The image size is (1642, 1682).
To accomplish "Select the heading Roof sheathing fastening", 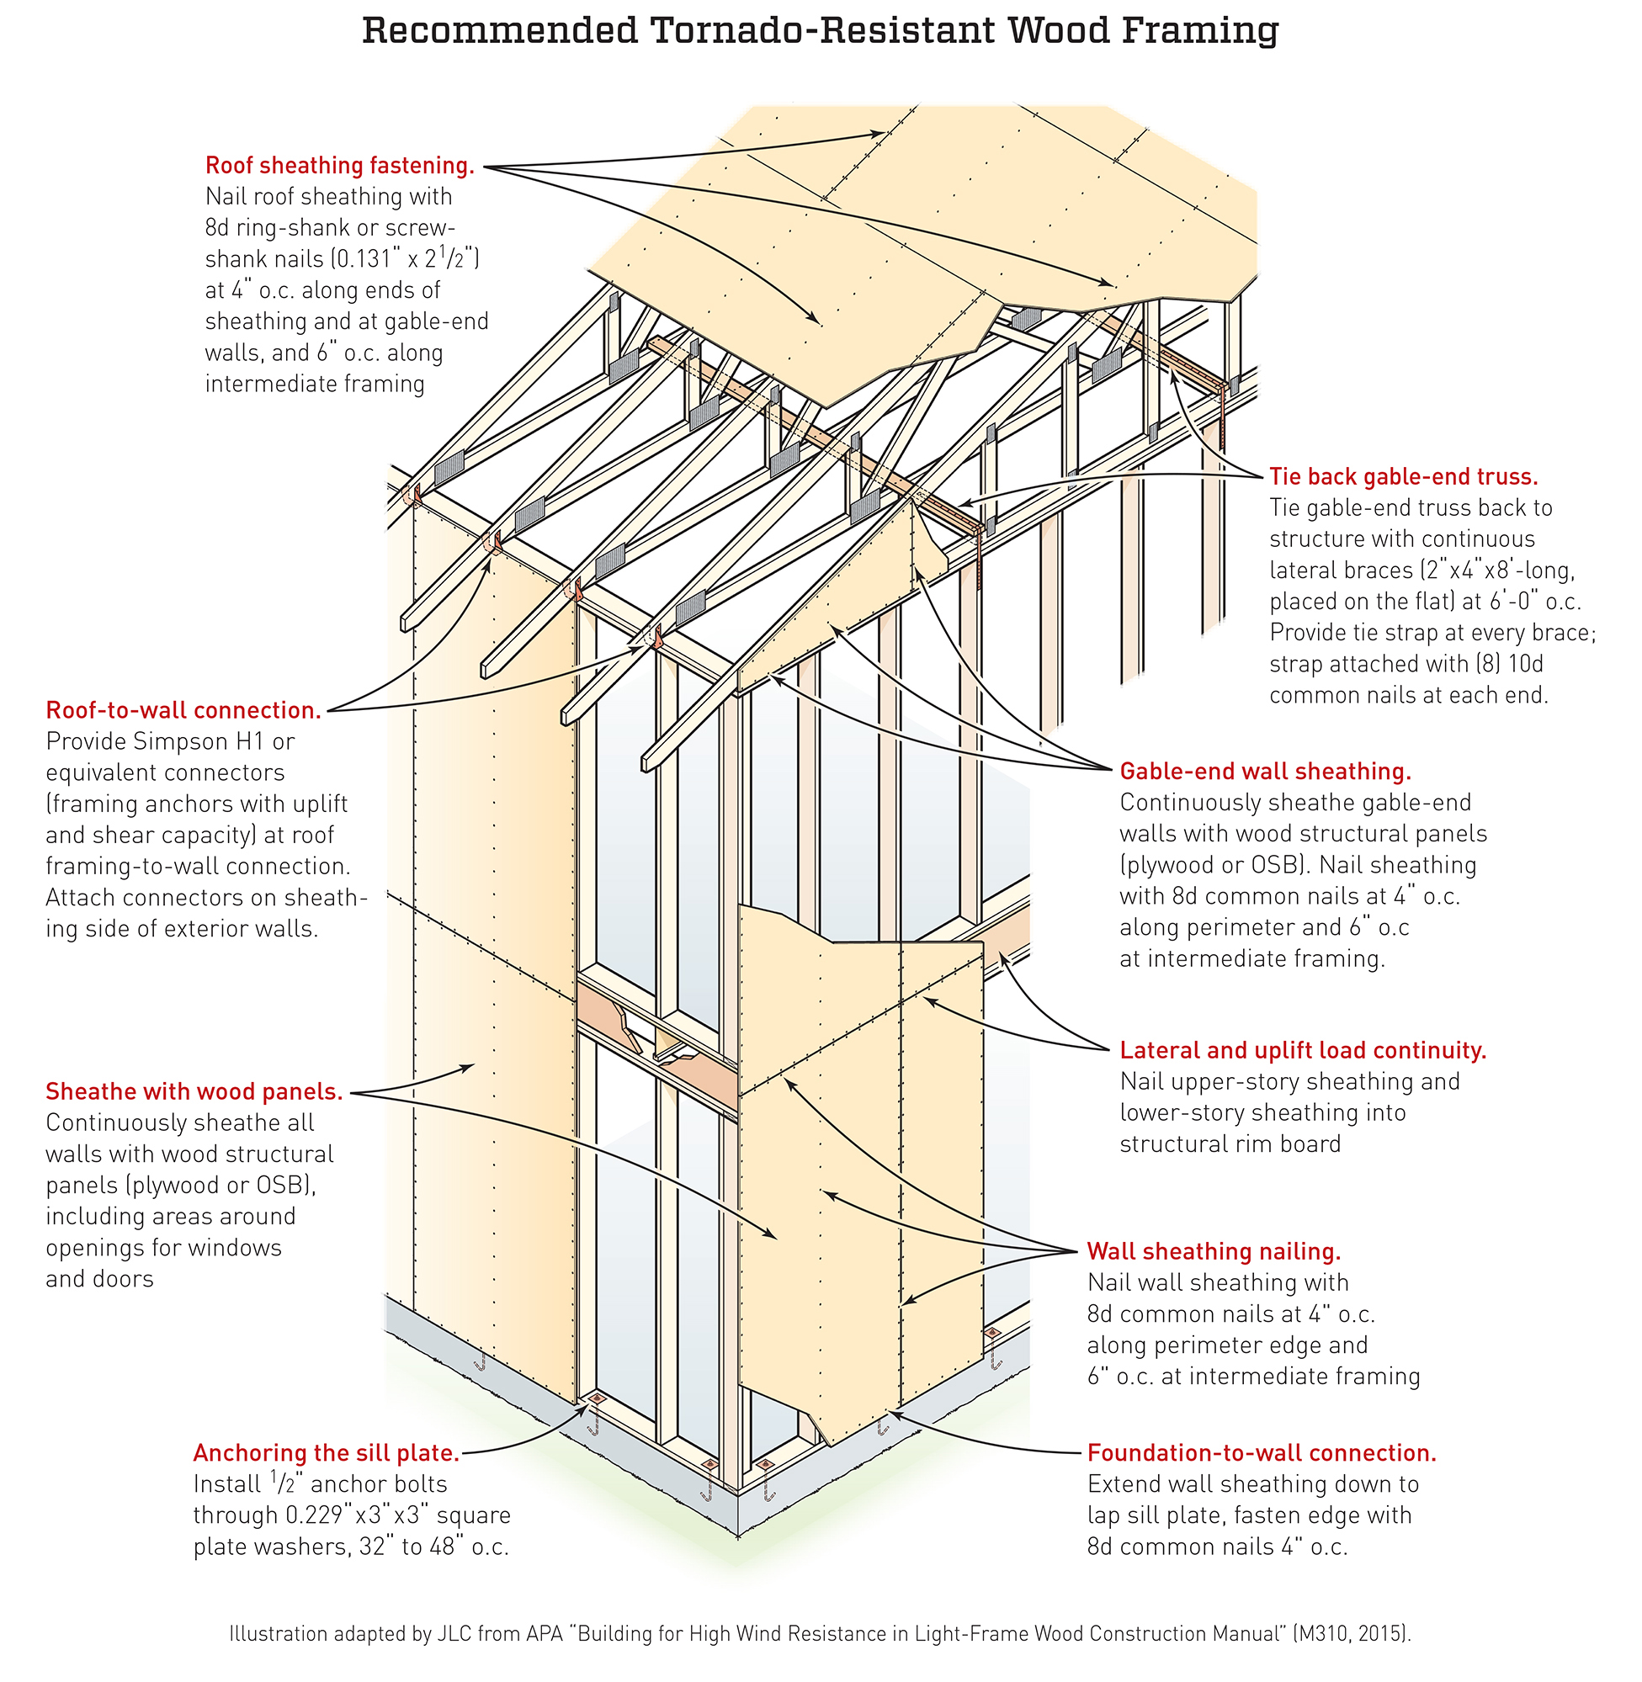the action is tap(340, 166).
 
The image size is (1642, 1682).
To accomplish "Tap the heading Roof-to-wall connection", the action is tap(183, 709).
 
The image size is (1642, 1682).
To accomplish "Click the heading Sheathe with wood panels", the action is tap(194, 1091).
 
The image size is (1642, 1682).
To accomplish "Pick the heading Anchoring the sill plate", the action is tap(326, 1452).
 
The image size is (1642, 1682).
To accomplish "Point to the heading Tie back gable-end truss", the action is tap(1403, 477).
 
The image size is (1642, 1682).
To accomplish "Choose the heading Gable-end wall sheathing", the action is tap(1265, 771).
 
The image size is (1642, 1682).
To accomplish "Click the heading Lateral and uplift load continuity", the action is tap(1303, 1050).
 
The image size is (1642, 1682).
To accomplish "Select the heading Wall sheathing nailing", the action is tap(1214, 1251).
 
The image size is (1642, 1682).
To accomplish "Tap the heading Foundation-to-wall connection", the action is tap(1262, 1452).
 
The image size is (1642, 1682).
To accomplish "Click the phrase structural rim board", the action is tap(1230, 1144).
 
